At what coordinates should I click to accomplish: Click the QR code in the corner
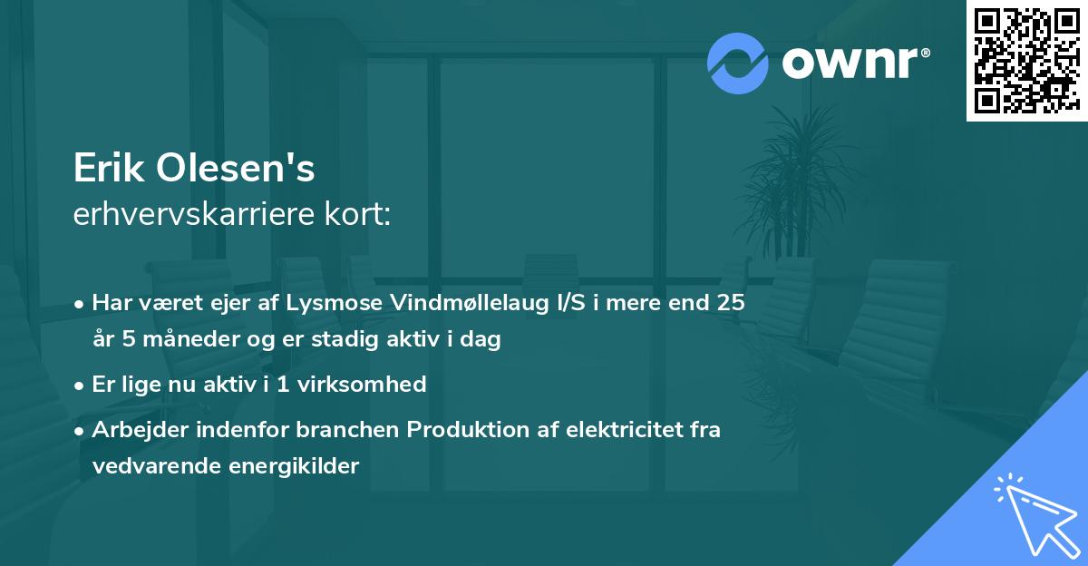pos(1026,60)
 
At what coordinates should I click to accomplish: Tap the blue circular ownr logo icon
pos(738,63)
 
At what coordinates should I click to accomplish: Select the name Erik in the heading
pos(107,169)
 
